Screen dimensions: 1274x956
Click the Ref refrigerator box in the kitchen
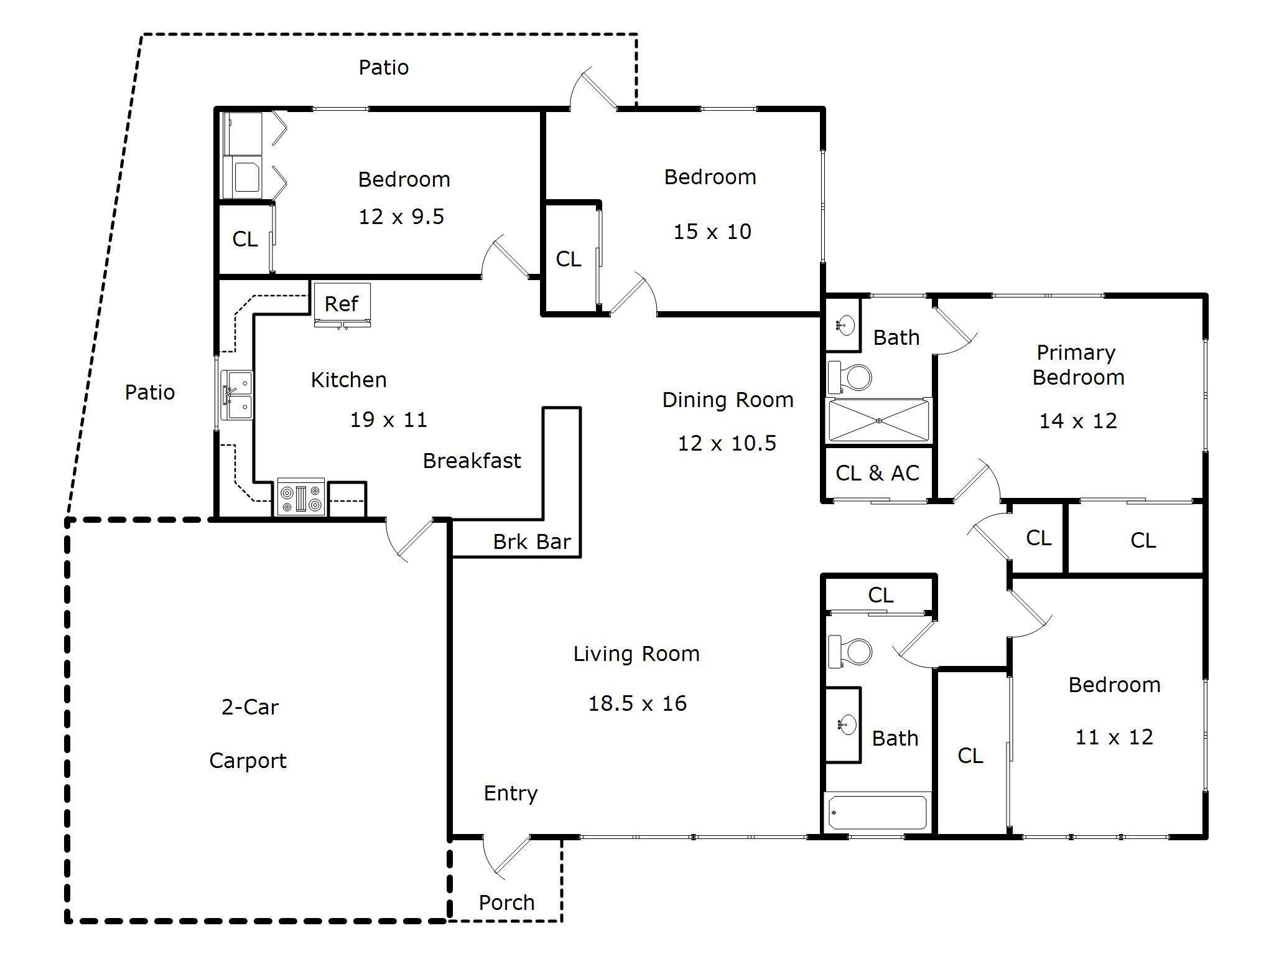coord(342,304)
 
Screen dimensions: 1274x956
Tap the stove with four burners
coord(301,497)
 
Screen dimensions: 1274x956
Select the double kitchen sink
coord(237,395)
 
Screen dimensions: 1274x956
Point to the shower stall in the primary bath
coord(878,421)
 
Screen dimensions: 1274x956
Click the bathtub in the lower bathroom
coord(878,812)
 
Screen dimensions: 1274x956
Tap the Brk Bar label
coord(532,541)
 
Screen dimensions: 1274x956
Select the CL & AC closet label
coord(877,473)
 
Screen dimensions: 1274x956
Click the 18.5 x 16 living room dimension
coord(638,703)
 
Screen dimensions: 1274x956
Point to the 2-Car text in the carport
coord(250,707)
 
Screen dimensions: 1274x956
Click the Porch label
coord(506,902)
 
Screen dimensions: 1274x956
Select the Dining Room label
coord(728,400)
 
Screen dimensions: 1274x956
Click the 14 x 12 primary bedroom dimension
coord(1078,421)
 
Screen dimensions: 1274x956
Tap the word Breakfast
coord(472,461)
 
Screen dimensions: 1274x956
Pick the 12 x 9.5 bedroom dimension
coord(401,217)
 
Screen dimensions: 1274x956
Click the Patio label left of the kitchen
coord(150,392)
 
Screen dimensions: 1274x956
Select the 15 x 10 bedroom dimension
coord(712,232)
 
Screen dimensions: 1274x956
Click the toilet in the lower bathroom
coord(850,651)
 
